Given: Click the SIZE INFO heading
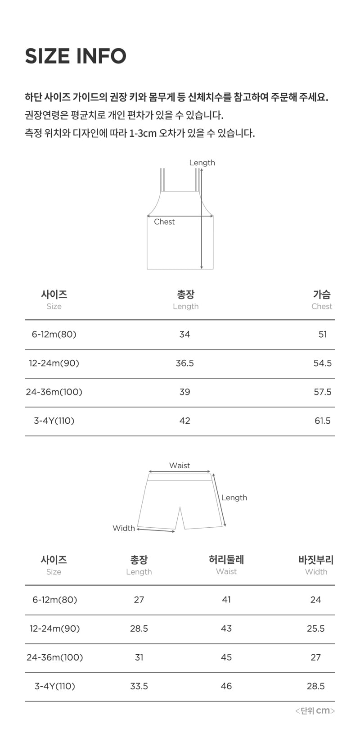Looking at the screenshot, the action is point(76,56).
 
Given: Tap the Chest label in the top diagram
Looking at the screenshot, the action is point(164,222).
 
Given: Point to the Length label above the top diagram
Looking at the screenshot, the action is point(202,163).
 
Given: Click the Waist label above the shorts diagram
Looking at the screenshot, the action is point(180,466).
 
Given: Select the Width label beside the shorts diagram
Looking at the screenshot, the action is point(123,528).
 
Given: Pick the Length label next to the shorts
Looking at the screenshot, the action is point(234,498).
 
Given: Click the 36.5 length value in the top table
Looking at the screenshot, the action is point(185,363).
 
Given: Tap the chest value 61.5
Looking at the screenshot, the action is point(323,421).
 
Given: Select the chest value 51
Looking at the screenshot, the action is point(323,334).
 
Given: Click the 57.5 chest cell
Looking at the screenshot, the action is point(323,392).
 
